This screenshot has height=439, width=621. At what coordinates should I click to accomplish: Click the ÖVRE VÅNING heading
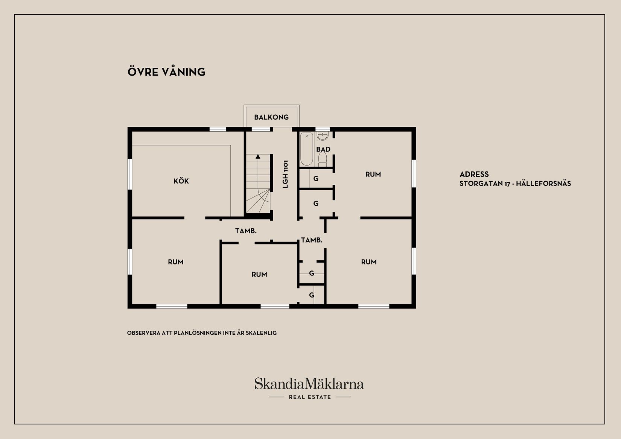coord(166,72)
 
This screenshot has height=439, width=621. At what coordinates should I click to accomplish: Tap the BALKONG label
coord(271,117)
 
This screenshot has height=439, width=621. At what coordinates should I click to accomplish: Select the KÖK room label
coord(181,181)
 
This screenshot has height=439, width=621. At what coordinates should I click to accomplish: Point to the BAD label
coord(323,149)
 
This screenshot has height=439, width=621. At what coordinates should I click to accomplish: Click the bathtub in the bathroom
coord(307,149)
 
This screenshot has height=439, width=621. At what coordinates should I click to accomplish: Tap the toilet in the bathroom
coord(323,160)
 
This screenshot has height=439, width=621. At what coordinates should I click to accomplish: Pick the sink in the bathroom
coord(323,135)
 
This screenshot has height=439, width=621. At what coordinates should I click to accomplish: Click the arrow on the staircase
coord(258,156)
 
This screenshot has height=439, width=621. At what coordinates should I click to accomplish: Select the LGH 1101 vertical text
coord(286,174)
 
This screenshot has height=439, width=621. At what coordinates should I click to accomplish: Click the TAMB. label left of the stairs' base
coord(246,231)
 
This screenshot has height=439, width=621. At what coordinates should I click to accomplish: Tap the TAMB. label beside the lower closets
coord(312,240)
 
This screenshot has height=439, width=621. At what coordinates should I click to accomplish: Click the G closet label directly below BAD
coord(316,179)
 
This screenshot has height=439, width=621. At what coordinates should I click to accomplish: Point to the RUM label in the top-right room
coord(373,175)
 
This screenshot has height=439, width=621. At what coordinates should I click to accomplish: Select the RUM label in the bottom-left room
coord(176,262)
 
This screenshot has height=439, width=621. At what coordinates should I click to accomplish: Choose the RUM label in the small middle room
coord(259,275)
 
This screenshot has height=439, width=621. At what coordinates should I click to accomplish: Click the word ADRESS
coord(474,175)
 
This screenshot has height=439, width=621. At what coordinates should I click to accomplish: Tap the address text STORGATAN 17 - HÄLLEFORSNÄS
coord(515,184)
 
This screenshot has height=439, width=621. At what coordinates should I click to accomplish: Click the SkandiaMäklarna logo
coord(309,384)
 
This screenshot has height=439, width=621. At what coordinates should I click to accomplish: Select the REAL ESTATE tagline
coord(310,397)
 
